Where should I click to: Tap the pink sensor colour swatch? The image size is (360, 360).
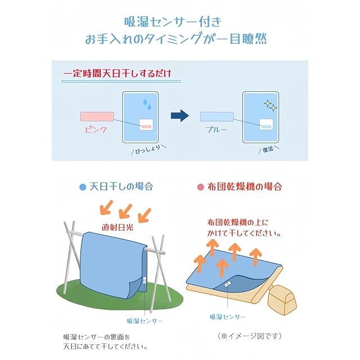(97, 117)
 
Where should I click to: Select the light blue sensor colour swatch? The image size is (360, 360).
(217, 116)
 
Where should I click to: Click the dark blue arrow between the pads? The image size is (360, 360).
(179, 116)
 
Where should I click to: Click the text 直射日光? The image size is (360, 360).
(119, 228)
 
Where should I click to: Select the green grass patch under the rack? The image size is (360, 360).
(84, 292)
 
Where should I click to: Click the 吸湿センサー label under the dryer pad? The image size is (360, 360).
(228, 317)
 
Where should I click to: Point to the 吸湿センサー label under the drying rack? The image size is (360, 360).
(145, 320)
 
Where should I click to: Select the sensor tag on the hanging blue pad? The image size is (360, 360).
(145, 280)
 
